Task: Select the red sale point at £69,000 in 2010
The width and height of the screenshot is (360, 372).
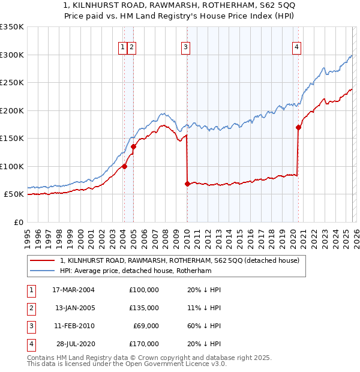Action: (187, 184)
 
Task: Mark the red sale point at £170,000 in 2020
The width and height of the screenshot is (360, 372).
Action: (298, 127)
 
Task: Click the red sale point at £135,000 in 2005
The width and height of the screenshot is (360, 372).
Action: (133, 146)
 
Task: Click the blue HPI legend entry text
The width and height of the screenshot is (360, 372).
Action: (136, 271)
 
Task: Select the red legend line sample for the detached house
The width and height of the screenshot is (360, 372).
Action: (43, 260)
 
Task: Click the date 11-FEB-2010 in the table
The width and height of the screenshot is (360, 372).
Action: (74, 325)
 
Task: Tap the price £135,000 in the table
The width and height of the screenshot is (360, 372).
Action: (144, 308)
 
